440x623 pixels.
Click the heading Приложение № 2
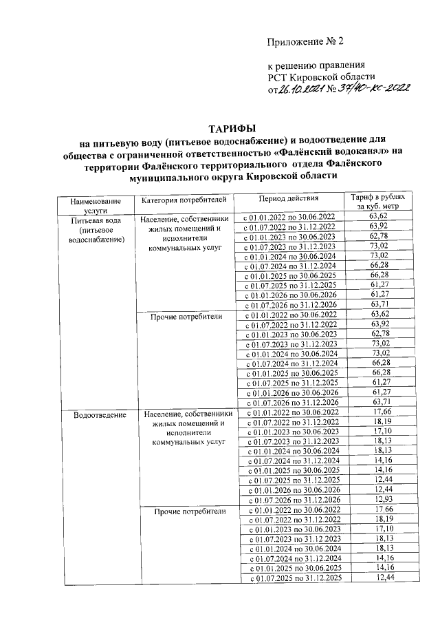(305, 43)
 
